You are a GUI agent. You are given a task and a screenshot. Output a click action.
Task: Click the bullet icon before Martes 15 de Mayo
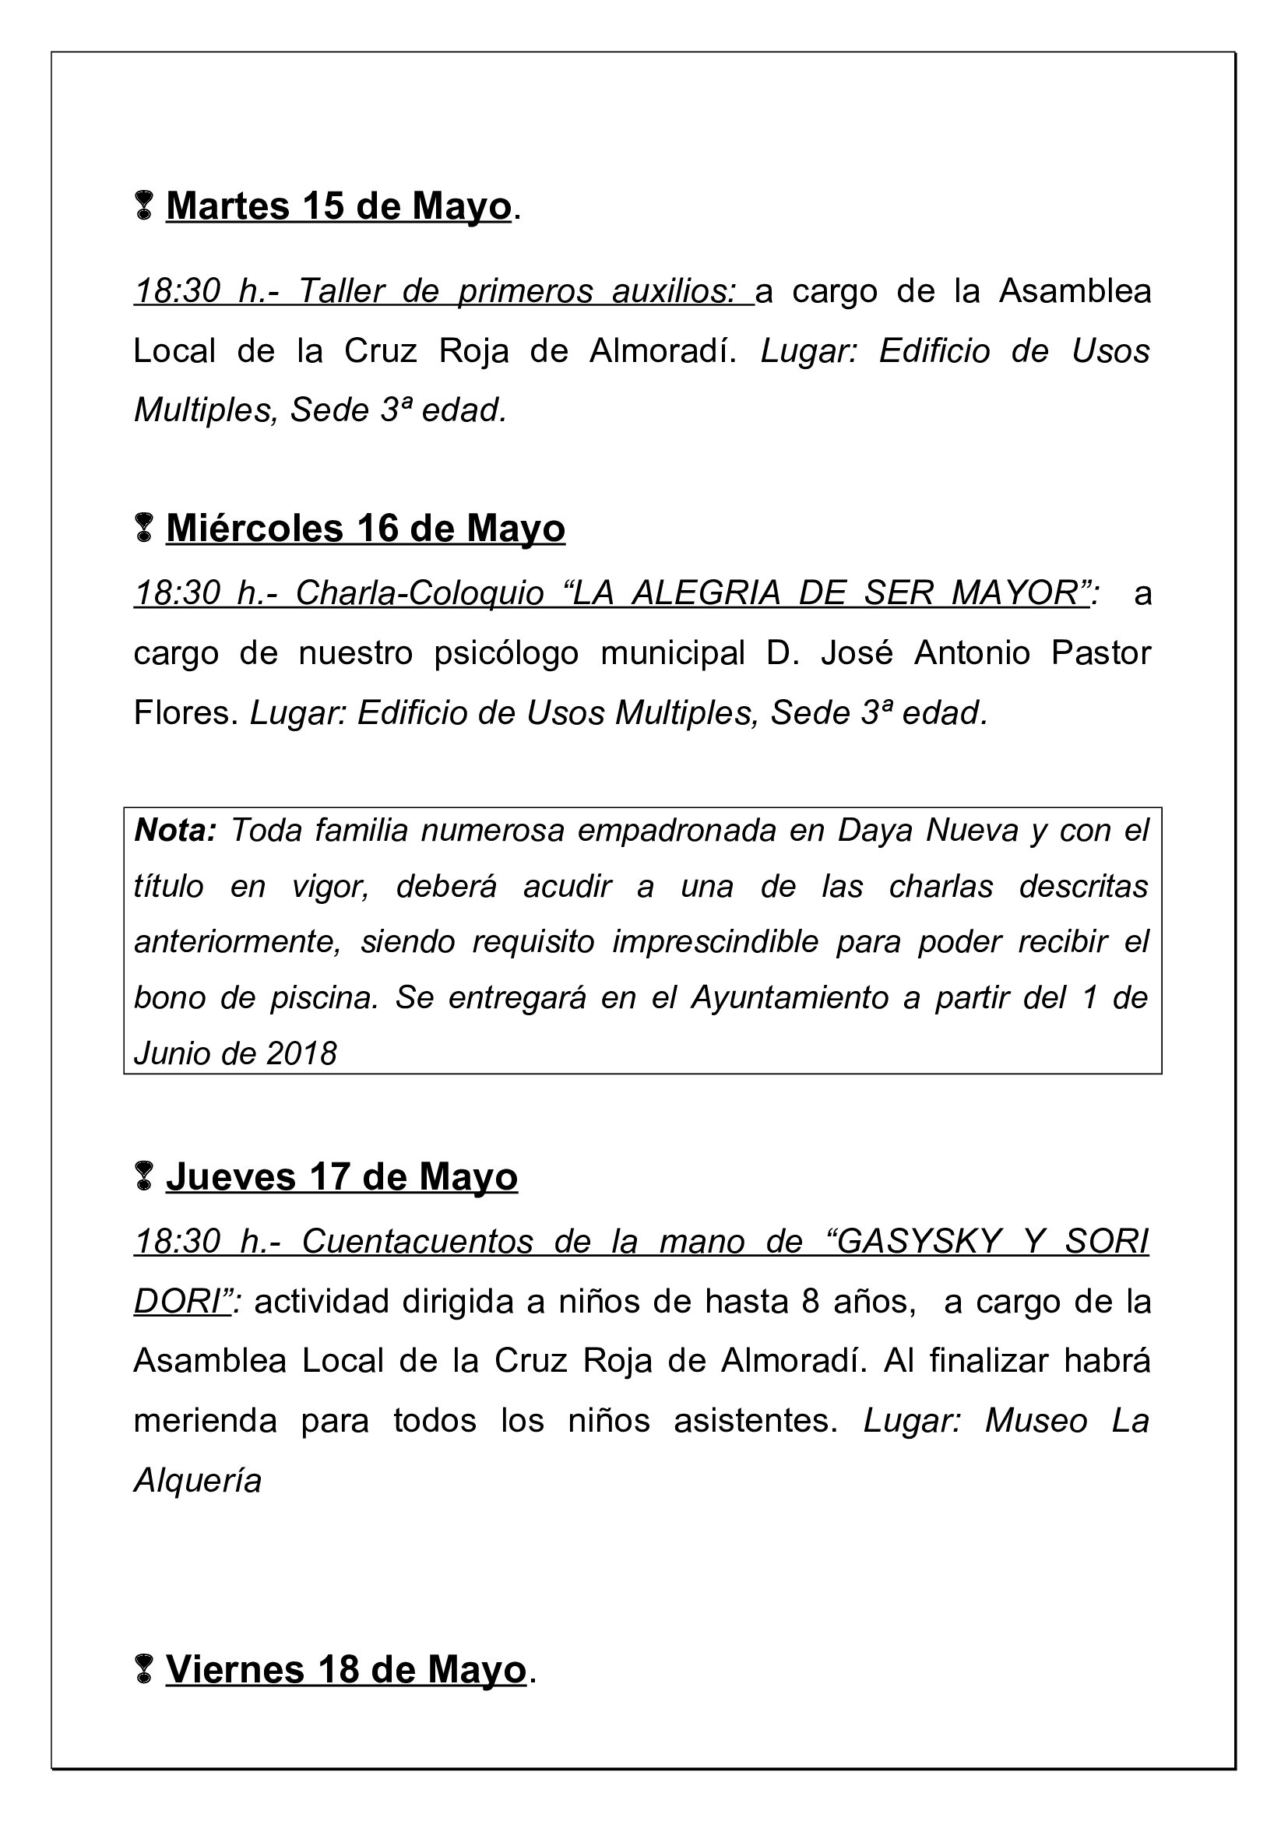pyautogui.click(x=143, y=206)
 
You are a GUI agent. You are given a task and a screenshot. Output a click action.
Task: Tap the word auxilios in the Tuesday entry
pyautogui.click(x=674, y=291)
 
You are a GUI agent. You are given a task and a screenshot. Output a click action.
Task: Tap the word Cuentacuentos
pyautogui.click(x=417, y=1241)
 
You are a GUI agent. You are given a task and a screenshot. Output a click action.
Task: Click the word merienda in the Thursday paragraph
pyautogui.click(x=206, y=1420)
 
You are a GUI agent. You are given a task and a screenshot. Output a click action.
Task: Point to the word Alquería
pyautogui.click(x=198, y=1480)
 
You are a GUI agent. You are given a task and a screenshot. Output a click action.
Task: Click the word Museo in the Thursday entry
pyautogui.click(x=1036, y=1420)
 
